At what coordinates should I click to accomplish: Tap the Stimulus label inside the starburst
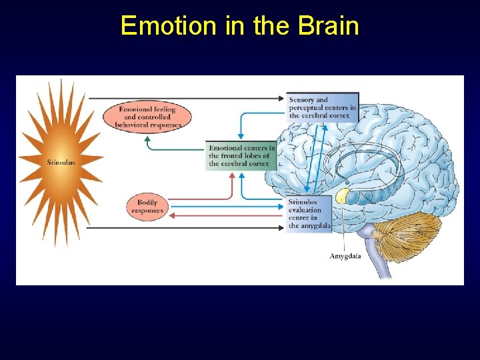(x=61, y=162)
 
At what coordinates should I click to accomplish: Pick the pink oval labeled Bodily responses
(x=147, y=206)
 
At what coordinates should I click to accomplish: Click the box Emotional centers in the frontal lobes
(x=241, y=155)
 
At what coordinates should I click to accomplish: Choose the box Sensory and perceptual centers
(x=323, y=107)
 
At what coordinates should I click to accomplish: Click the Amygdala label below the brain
(x=345, y=256)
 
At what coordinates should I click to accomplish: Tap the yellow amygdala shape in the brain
(x=343, y=195)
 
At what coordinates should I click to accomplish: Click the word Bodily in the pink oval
(x=147, y=202)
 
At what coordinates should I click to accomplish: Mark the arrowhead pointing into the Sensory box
(x=284, y=99)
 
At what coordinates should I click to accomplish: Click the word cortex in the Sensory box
(x=345, y=115)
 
